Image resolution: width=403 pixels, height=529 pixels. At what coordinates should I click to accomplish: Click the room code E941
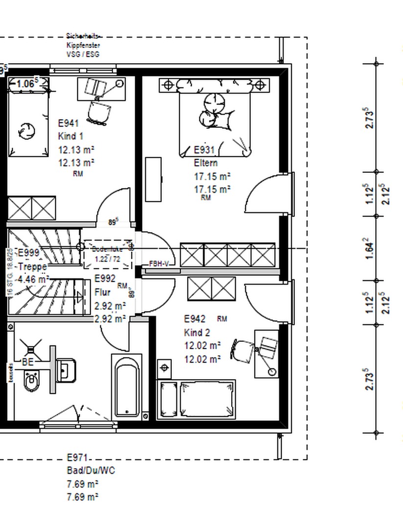click(x=68, y=123)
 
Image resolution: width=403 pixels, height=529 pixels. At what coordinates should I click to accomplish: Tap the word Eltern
click(x=206, y=163)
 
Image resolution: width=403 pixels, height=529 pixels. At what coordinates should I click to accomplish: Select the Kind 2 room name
click(x=197, y=333)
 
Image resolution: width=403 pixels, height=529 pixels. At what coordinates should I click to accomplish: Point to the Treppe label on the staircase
click(x=32, y=266)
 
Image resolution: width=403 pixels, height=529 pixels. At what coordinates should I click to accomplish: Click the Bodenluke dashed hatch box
click(x=108, y=254)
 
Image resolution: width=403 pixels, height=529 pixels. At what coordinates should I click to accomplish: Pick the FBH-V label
click(x=159, y=264)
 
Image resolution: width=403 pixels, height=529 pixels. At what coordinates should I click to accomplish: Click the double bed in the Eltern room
click(x=215, y=122)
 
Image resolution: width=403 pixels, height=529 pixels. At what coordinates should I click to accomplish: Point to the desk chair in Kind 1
click(x=97, y=112)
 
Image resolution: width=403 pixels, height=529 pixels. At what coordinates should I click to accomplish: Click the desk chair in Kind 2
click(x=243, y=350)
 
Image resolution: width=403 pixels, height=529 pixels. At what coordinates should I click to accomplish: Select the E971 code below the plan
click(x=77, y=457)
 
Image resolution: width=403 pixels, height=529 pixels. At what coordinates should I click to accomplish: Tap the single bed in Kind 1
click(x=28, y=122)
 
